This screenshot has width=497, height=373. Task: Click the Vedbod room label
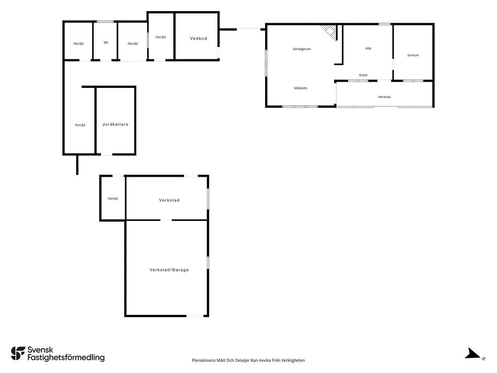click(x=199, y=38)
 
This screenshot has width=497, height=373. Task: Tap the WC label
click(x=106, y=43)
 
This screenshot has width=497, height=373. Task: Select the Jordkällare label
click(x=116, y=124)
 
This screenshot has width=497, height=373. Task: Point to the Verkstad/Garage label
click(x=169, y=270)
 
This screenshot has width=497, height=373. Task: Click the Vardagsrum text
click(x=302, y=49)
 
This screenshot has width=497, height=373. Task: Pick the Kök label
click(x=368, y=48)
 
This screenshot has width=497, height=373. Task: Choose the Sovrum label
click(x=413, y=55)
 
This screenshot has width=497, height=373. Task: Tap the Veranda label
click(x=384, y=97)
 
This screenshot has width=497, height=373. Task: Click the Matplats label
click(x=301, y=88)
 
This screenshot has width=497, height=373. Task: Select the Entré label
click(x=363, y=75)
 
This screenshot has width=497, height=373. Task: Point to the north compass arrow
click(x=473, y=354)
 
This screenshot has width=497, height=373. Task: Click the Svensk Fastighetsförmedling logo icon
click(x=18, y=354)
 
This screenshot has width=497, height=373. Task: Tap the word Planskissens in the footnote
click(x=204, y=360)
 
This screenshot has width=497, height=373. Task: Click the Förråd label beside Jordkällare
click(x=80, y=125)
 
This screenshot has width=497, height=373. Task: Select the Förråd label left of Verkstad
click(x=113, y=199)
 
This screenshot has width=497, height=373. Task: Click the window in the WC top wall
click(x=105, y=21)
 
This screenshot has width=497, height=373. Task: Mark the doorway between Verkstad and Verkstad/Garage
click(x=166, y=220)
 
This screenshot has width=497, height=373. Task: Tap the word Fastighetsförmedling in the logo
click(x=66, y=358)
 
